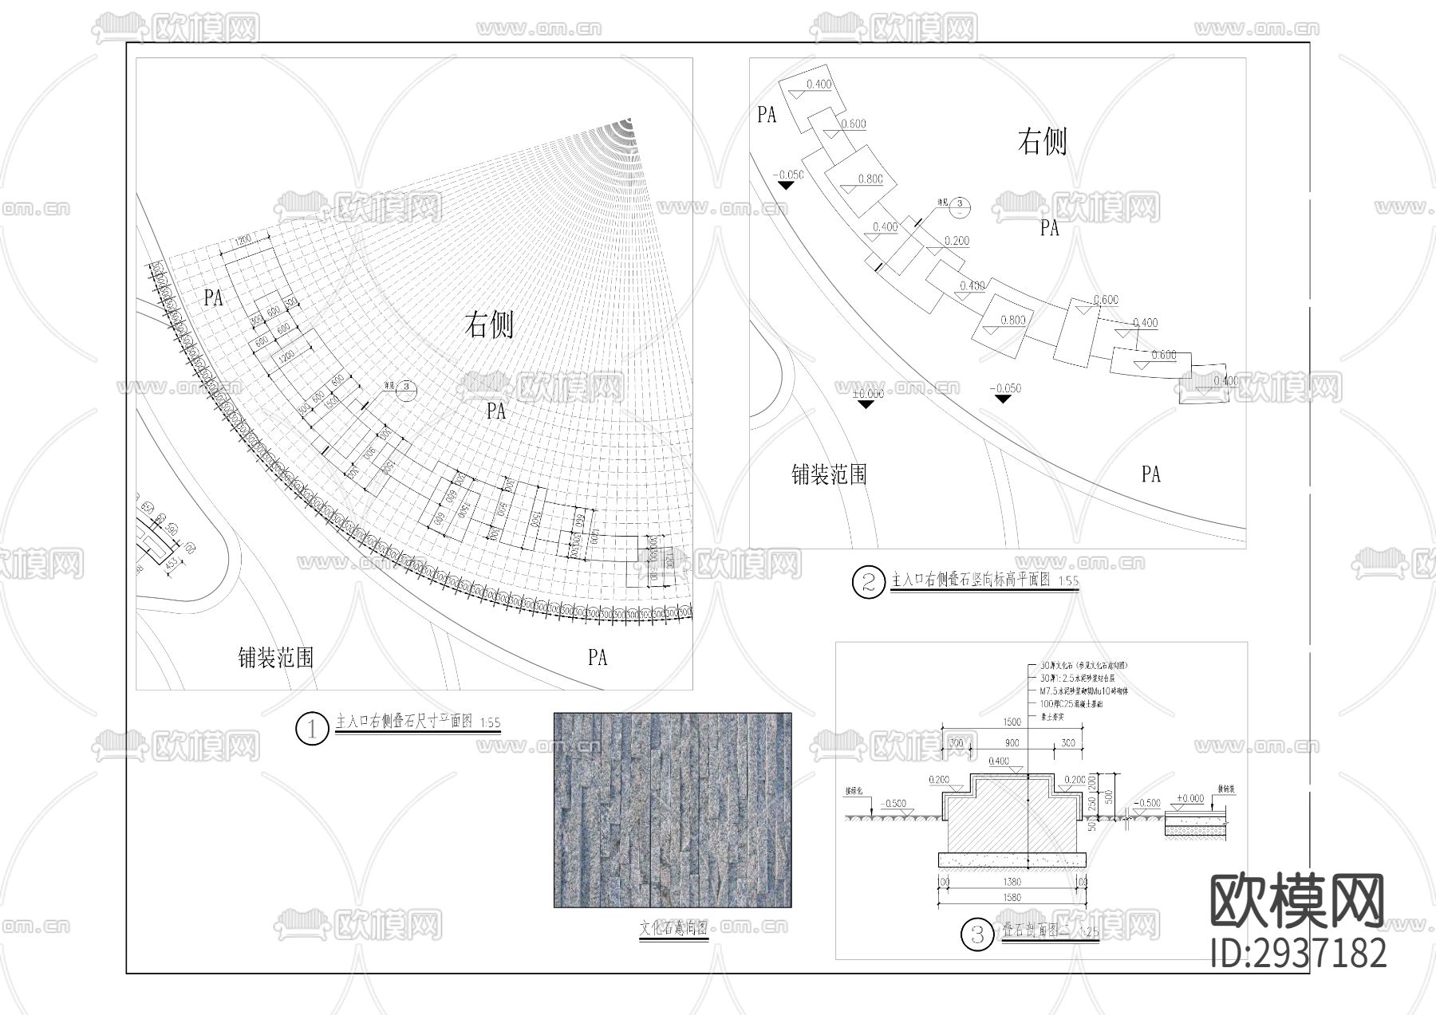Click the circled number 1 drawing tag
click(311, 728)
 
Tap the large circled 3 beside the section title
click(976, 934)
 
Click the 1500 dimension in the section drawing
click(1012, 722)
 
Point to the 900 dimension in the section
click(1012, 743)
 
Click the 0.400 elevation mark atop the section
click(998, 761)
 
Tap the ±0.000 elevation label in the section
click(1190, 798)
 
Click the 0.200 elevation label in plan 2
click(957, 241)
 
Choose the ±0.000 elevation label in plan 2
click(867, 394)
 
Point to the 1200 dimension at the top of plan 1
click(243, 239)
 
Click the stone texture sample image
click(673, 810)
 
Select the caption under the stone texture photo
click(673, 929)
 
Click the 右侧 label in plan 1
click(489, 325)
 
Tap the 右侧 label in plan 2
click(1042, 142)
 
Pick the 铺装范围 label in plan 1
click(275, 658)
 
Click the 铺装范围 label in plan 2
click(829, 475)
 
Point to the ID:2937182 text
click(1298, 953)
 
